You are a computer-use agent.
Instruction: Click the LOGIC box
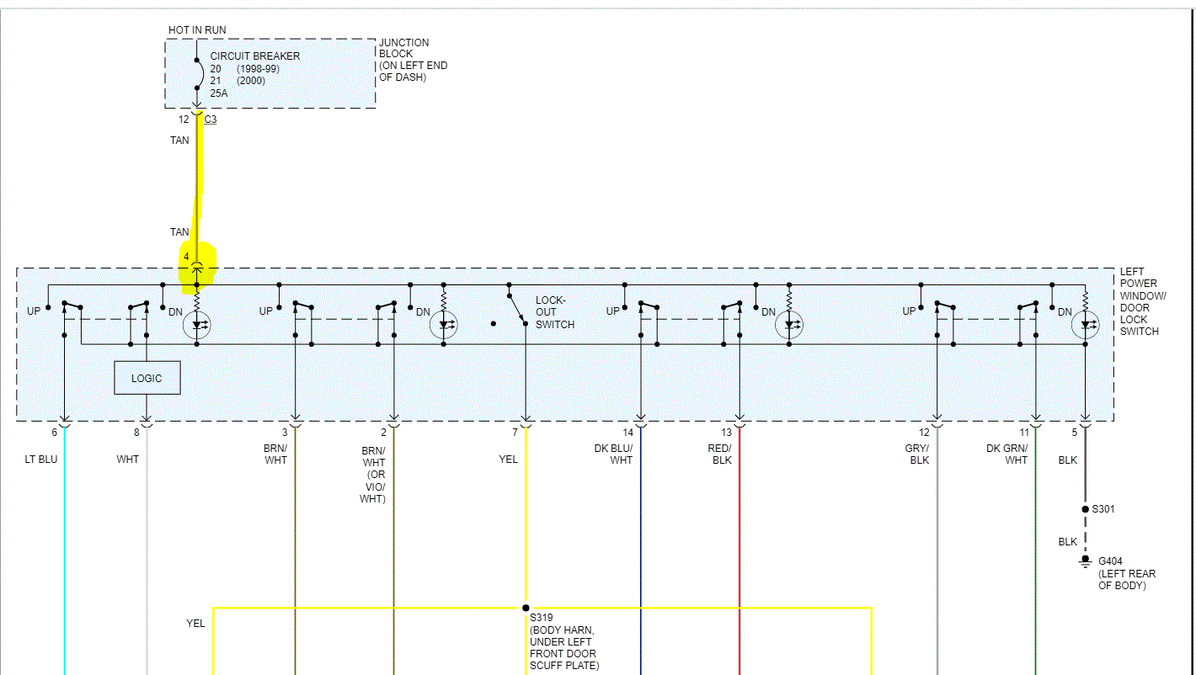(x=147, y=378)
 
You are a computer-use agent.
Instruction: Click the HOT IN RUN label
(x=197, y=30)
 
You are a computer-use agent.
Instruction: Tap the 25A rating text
(x=219, y=93)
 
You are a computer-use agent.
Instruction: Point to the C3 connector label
(x=211, y=120)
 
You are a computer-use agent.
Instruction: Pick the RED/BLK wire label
(x=720, y=454)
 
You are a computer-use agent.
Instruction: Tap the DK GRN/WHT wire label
(x=1007, y=454)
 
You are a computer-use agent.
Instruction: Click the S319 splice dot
(x=526, y=608)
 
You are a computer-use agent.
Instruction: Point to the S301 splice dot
(x=1085, y=509)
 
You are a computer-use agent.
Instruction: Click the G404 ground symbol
(x=1085, y=561)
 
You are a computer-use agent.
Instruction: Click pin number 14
(x=627, y=433)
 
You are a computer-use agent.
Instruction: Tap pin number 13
(x=727, y=433)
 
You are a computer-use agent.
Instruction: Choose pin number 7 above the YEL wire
(x=515, y=433)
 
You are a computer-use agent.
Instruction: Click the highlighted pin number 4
(x=186, y=256)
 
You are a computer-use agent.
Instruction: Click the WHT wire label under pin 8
(x=128, y=460)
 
